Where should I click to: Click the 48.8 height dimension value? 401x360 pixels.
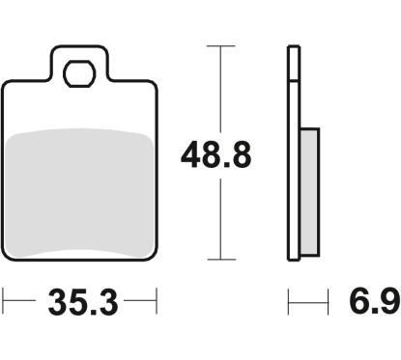pos(215,155)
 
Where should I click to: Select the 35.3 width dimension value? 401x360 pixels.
pos(83,303)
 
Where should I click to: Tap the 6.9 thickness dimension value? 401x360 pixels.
pos(375,301)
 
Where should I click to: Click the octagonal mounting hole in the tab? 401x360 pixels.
pos(79,73)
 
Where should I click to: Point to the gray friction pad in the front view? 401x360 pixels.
pos(79,193)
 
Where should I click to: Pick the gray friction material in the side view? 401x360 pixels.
pos(309,192)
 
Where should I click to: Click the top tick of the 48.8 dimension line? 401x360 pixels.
pos(220,46)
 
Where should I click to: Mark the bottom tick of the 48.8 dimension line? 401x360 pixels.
pos(221,260)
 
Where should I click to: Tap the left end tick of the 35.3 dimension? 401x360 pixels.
pos(3,300)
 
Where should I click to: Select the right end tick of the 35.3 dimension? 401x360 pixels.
pos(157,300)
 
